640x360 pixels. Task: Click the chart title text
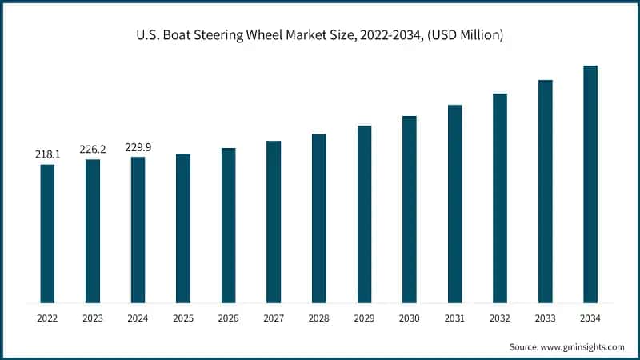tap(320, 36)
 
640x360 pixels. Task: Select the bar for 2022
tap(47, 234)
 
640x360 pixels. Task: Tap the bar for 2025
tap(183, 228)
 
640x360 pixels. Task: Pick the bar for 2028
tap(318, 218)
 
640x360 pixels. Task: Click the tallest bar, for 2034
tap(590, 184)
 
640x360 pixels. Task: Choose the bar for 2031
tap(454, 204)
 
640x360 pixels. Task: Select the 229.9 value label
tap(138, 147)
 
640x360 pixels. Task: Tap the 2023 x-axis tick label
tap(93, 318)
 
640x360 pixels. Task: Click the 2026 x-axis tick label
tap(229, 318)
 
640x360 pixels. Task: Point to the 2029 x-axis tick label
tap(364, 318)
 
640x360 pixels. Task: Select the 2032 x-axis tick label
tap(500, 318)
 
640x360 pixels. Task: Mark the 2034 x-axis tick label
tap(590, 318)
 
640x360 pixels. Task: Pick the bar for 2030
tap(410, 210)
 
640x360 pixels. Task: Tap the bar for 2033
tap(546, 191)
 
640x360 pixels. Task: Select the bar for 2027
tap(274, 222)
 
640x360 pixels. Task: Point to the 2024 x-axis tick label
tap(138, 318)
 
